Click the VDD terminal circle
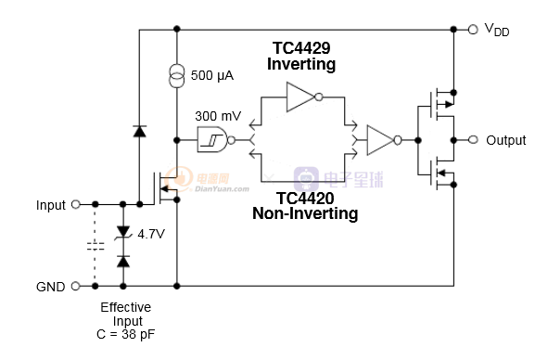[473, 30]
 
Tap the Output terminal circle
[473, 140]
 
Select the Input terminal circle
[76, 204]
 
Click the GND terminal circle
[76, 286]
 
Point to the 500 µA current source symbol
[177, 76]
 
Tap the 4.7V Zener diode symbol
[123, 232]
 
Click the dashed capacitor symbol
[96, 246]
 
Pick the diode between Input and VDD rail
[140, 131]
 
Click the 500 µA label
[212, 75]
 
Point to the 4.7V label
[151, 234]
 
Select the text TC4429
[301, 48]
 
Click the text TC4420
[305, 198]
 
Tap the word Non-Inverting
[305, 213]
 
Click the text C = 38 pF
[126, 334]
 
